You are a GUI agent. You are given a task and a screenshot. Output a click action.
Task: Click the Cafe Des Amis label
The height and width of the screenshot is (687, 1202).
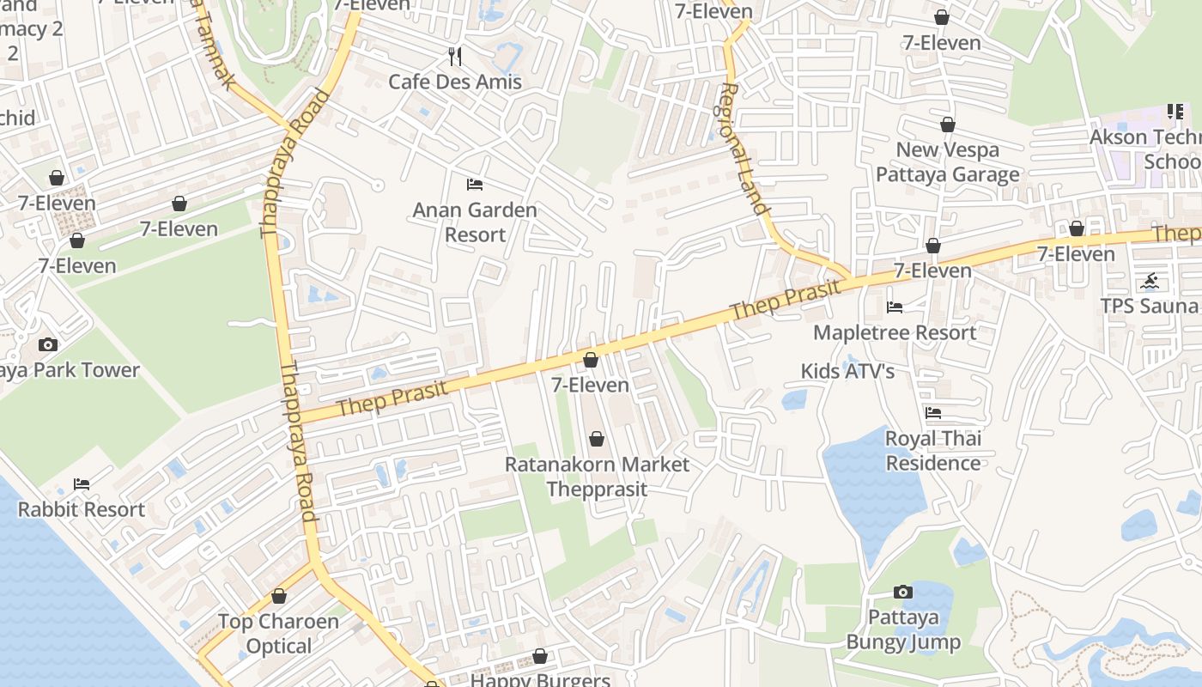point(455,82)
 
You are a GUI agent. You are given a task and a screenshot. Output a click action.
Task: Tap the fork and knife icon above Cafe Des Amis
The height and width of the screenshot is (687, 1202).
point(455,57)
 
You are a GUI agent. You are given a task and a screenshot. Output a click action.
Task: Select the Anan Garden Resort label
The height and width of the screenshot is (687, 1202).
point(475,222)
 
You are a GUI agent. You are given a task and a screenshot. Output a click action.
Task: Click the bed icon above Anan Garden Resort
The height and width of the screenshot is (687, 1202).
point(475,184)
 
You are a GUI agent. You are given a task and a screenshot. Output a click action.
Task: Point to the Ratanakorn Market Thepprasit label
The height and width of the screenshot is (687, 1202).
point(597,477)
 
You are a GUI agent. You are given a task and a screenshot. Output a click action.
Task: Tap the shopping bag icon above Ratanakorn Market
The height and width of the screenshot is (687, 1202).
point(597,440)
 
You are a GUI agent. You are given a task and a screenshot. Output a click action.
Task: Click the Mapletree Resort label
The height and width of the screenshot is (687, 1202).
point(895,332)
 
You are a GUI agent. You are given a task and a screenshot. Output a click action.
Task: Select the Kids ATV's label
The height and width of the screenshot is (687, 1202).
point(847,371)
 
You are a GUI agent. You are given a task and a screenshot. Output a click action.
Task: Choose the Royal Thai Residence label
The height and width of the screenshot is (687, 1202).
point(933,451)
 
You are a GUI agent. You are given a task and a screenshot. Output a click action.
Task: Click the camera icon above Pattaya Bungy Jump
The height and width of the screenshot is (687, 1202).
point(902,592)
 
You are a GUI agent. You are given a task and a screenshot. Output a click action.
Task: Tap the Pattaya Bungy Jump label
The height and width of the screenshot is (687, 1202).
point(903,629)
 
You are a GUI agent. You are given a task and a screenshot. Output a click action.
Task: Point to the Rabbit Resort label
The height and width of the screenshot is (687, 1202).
point(82,509)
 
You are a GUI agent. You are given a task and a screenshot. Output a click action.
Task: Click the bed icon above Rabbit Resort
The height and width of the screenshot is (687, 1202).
point(82,484)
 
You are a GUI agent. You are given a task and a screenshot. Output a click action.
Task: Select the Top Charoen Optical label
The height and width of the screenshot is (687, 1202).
point(278,633)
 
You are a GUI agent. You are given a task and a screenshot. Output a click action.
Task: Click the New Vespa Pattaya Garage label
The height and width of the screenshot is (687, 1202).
point(947,161)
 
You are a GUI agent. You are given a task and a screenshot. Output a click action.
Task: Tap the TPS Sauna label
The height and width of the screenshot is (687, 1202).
point(1150,306)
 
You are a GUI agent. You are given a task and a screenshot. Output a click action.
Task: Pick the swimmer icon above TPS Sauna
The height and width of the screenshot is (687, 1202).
point(1150,281)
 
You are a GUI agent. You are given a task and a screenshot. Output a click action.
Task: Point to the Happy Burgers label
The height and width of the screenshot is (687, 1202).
point(540,680)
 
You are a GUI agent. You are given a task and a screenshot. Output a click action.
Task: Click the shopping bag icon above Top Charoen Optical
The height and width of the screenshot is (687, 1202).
point(278,596)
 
